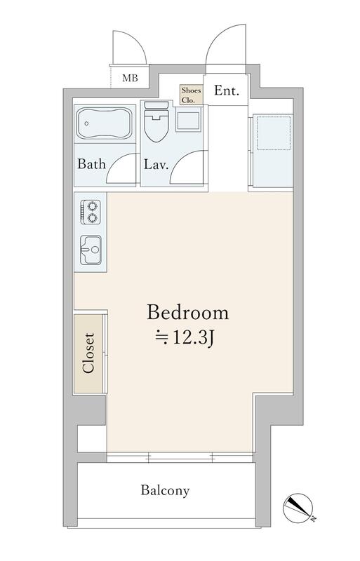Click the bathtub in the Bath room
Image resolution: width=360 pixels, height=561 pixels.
click(105, 123)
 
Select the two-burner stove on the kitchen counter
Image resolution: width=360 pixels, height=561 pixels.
click(90, 212)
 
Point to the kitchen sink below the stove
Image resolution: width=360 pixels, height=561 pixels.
click(91, 250)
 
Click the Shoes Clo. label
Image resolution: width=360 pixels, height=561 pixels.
click(191, 95)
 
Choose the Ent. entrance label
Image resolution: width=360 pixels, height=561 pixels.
click(227, 90)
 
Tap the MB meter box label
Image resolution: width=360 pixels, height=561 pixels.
click(130, 78)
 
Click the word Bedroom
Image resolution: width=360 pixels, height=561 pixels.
click(187, 312)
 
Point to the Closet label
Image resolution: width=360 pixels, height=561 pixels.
click(88, 353)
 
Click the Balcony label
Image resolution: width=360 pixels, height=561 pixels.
click(165, 490)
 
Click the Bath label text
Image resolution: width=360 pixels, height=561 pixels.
click(92, 164)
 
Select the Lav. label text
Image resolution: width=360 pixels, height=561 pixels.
click(156, 165)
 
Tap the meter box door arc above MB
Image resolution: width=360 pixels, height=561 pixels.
click(140, 43)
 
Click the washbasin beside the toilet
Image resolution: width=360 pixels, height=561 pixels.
click(187, 119)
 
